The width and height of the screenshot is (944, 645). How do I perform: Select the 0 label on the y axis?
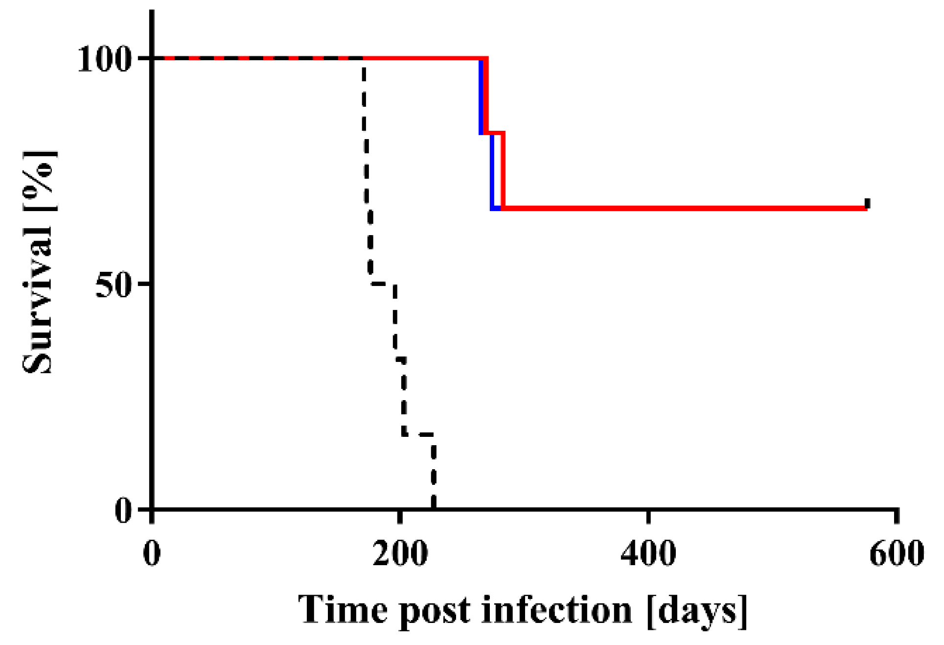(x=123, y=511)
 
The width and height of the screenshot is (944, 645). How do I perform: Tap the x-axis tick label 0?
(x=152, y=554)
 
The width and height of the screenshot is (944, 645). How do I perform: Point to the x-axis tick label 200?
(x=400, y=554)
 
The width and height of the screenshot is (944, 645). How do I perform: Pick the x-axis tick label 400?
(x=648, y=554)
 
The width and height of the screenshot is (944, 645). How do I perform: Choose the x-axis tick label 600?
(x=896, y=554)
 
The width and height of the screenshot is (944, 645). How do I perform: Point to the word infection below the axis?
(x=557, y=610)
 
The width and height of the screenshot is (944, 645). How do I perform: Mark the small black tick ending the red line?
(x=867, y=203)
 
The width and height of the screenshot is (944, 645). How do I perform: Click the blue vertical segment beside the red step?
(x=492, y=171)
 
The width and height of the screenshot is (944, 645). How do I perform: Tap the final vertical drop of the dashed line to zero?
(x=434, y=473)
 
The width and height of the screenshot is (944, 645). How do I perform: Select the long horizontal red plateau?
(x=685, y=209)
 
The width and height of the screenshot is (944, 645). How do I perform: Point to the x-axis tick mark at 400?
(x=648, y=516)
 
